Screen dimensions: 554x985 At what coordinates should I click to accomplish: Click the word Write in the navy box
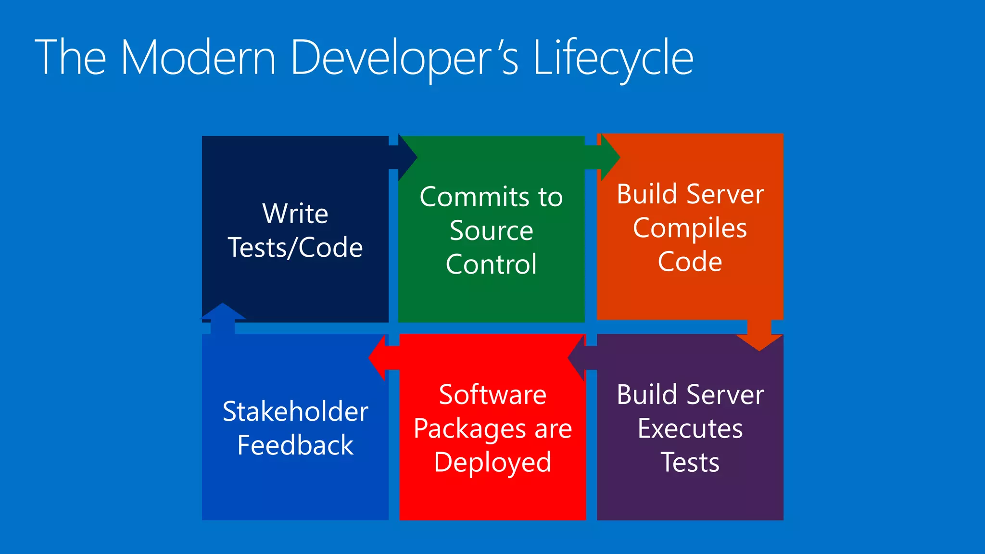(x=295, y=214)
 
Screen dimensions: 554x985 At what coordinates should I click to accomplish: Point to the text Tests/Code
(x=295, y=248)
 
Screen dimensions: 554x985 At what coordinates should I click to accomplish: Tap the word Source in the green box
(x=491, y=231)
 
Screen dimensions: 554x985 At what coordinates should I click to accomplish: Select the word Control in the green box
(x=491, y=264)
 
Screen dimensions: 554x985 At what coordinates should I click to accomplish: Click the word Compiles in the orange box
(x=690, y=228)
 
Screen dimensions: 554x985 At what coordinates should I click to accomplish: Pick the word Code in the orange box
(x=690, y=262)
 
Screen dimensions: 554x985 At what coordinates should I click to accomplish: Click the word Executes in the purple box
(x=690, y=429)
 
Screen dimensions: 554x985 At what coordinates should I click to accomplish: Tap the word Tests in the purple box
(x=690, y=463)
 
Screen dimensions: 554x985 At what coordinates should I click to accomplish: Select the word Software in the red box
(x=492, y=395)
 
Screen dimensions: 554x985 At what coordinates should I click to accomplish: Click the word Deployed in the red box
(x=492, y=463)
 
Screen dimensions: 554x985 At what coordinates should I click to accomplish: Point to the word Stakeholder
(x=295, y=412)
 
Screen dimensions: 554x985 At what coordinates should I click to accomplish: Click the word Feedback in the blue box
(x=295, y=445)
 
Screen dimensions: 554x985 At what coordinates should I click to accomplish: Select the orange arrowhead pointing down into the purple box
(x=759, y=342)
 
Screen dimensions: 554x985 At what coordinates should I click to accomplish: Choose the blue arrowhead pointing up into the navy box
(x=223, y=311)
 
